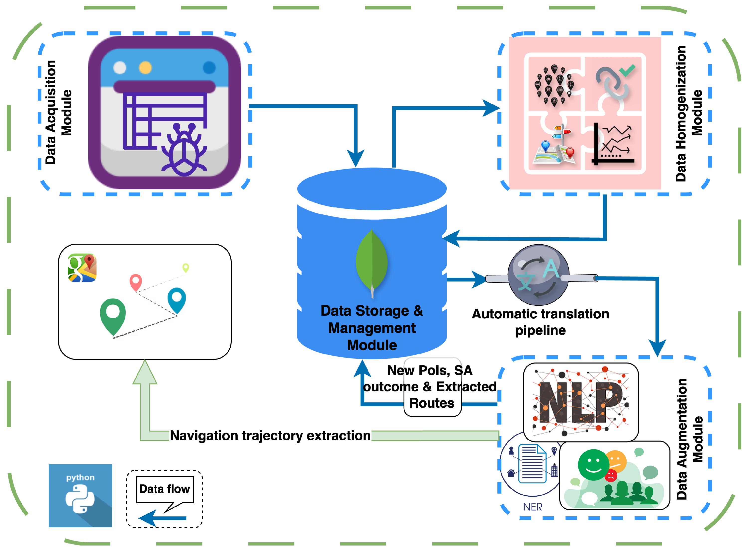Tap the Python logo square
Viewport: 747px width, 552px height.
tap(80, 496)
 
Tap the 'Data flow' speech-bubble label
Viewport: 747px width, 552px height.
tap(165, 489)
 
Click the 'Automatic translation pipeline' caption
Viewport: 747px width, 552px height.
tap(540, 322)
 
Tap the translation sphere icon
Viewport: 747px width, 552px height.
tap(538, 275)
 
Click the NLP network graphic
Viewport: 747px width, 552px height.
tap(581, 402)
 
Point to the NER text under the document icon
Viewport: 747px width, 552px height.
tap(533, 507)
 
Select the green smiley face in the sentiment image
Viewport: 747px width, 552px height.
tap(593, 464)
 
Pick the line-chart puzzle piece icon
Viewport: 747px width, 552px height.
tap(613, 144)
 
